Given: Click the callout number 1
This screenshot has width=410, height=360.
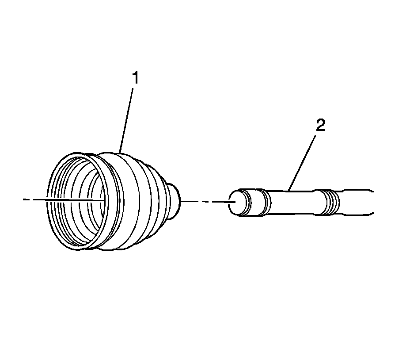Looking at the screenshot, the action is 136,78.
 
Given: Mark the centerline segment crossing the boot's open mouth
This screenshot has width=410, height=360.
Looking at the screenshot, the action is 71,200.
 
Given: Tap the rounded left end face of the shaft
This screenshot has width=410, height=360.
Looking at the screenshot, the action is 237,203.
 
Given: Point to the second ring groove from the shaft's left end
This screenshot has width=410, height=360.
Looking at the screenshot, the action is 266,203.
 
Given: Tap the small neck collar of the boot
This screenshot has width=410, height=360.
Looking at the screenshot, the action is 176,202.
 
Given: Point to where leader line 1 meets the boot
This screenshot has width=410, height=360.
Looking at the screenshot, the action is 120,152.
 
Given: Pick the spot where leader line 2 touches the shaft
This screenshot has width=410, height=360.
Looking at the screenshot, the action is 289,191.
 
